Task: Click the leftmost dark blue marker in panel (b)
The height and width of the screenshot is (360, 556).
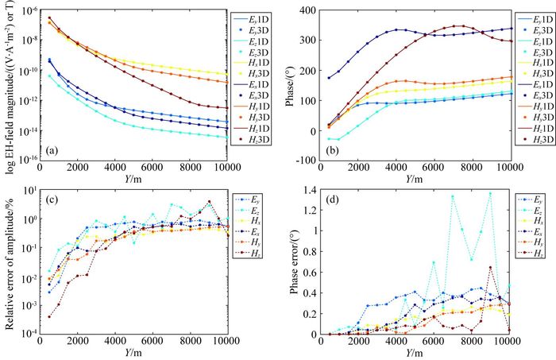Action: pyautogui.click(x=330, y=78)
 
